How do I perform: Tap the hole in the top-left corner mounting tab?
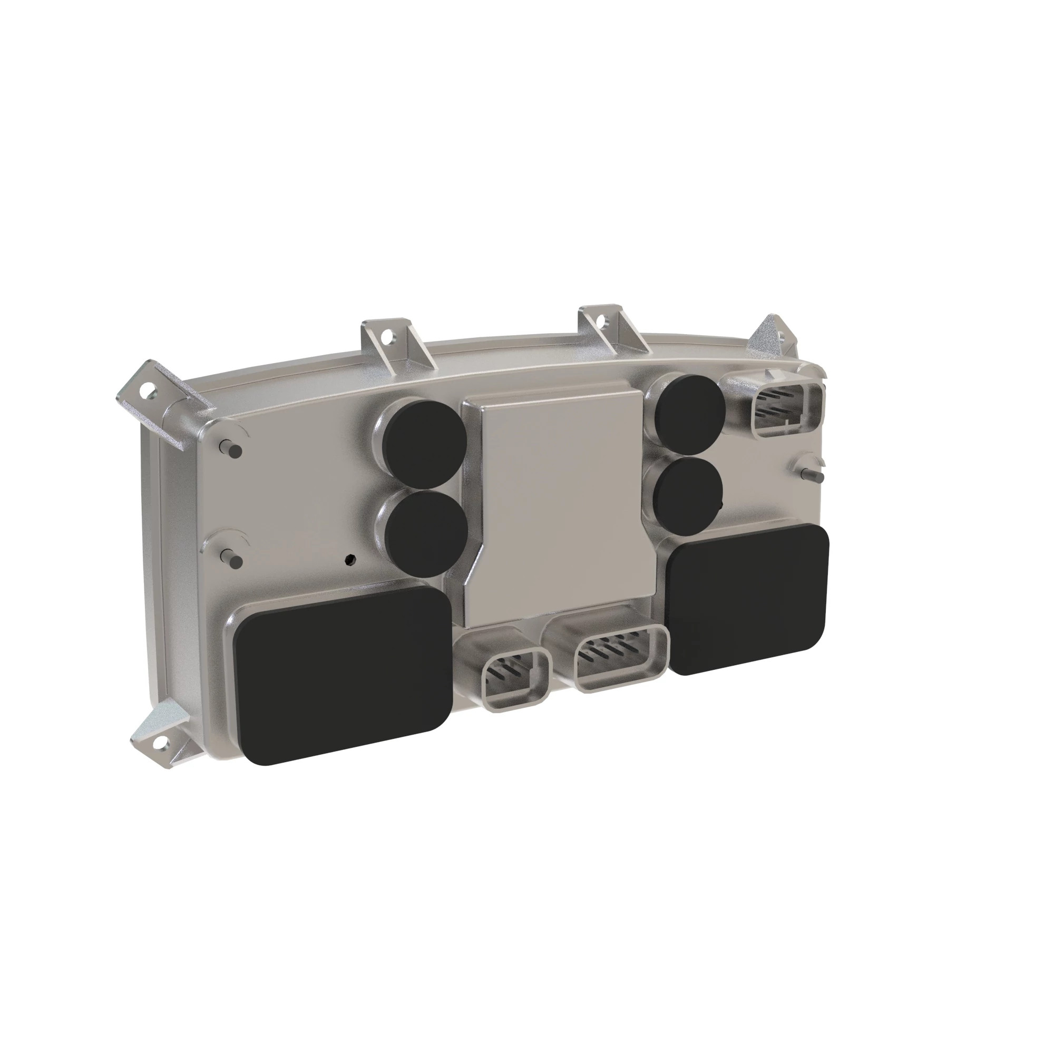(x=145, y=391)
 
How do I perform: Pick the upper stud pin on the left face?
(x=231, y=448)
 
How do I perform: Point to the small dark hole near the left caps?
(x=350, y=559)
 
